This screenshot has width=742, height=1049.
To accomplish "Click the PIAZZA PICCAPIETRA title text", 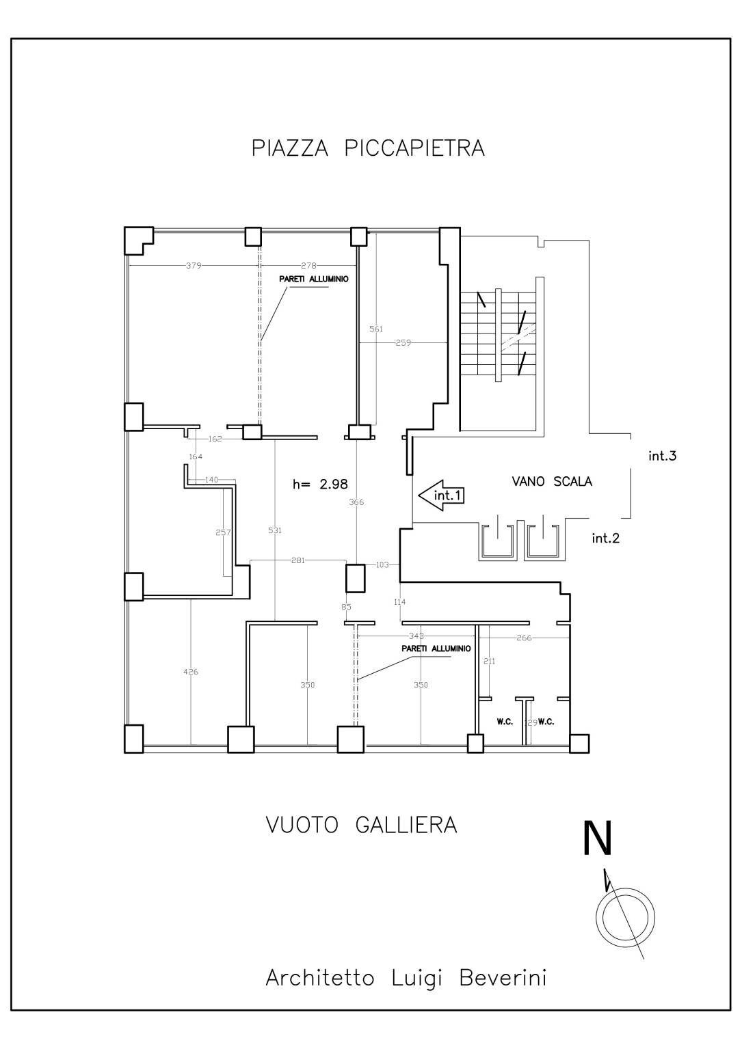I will [368, 148].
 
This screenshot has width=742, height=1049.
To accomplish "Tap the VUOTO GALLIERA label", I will [361, 825].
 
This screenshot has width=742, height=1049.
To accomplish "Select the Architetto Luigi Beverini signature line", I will [406, 978].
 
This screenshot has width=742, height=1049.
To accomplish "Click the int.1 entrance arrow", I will [440, 495].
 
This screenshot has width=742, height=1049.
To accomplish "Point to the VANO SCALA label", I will [552, 482].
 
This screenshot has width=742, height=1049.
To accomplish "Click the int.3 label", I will [662, 456].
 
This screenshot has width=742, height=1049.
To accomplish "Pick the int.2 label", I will [605, 539].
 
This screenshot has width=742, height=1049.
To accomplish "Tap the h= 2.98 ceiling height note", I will [320, 485].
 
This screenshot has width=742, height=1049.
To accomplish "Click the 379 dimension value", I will [194, 266].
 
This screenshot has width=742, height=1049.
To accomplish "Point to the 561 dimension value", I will [376, 329].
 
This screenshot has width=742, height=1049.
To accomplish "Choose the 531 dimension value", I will [275, 530].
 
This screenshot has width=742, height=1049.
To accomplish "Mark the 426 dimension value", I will [191, 672].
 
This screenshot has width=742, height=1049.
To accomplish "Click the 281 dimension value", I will [298, 561].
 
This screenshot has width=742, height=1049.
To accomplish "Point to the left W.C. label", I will [505, 722].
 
